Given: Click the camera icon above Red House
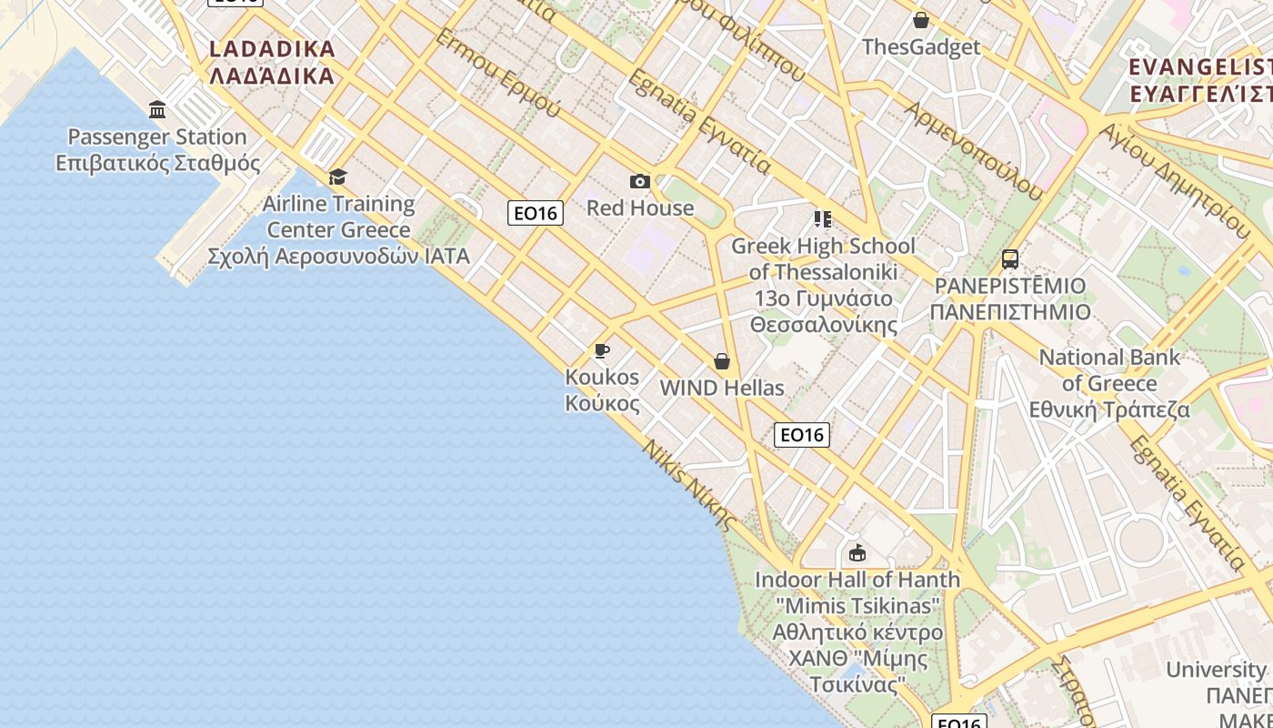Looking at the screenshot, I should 640,182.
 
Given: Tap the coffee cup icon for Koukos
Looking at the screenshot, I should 601,351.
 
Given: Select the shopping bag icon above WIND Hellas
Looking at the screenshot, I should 722,362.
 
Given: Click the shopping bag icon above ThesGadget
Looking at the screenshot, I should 921,20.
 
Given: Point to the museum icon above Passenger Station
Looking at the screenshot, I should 157,110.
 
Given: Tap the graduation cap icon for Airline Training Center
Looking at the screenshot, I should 338,177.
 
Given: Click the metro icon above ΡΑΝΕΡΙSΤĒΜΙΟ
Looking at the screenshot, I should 1009,259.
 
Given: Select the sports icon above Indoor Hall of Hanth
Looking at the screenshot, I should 857,552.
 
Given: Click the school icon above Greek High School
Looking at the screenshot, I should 823,219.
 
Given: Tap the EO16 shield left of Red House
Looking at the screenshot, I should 536,213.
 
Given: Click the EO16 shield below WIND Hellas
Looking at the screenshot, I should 802,435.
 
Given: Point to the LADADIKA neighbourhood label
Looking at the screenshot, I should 272,62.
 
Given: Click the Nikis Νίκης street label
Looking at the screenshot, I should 688,485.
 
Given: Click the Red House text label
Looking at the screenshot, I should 640,208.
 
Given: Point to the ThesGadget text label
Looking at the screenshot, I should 921,47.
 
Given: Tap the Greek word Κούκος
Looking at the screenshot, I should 602,403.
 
